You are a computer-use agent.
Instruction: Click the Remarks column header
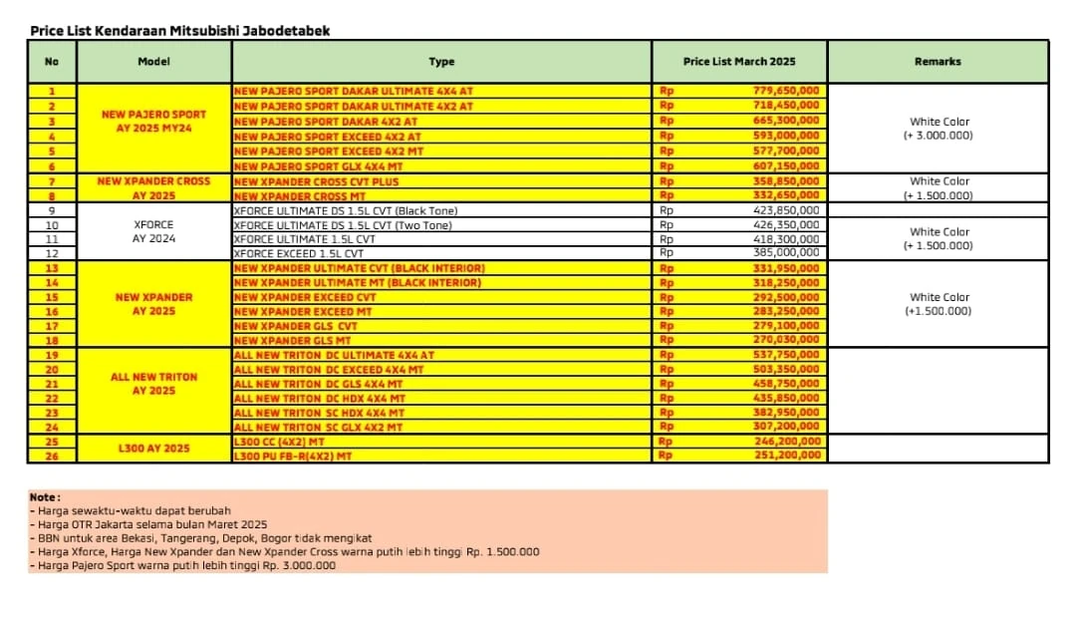pos(937,62)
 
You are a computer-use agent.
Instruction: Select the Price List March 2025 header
pos(739,62)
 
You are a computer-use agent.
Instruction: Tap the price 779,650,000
pos(786,91)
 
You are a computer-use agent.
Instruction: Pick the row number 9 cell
pos(52,210)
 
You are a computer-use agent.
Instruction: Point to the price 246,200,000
pos(786,441)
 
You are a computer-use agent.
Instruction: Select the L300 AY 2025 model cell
pos(153,449)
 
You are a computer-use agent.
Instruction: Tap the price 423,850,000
pos(786,210)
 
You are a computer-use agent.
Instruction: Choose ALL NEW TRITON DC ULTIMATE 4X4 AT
pos(332,355)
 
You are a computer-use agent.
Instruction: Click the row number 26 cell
pos(52,456)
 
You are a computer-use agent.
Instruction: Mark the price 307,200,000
pos(786,427)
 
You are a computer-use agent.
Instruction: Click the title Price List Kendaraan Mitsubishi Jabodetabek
pos(179,31)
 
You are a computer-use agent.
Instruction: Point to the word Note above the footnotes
pos(45,496)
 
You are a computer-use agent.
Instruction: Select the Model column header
pos(153,62)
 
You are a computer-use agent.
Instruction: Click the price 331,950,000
pos(786,268)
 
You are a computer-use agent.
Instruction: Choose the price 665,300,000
pos(786,121)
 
